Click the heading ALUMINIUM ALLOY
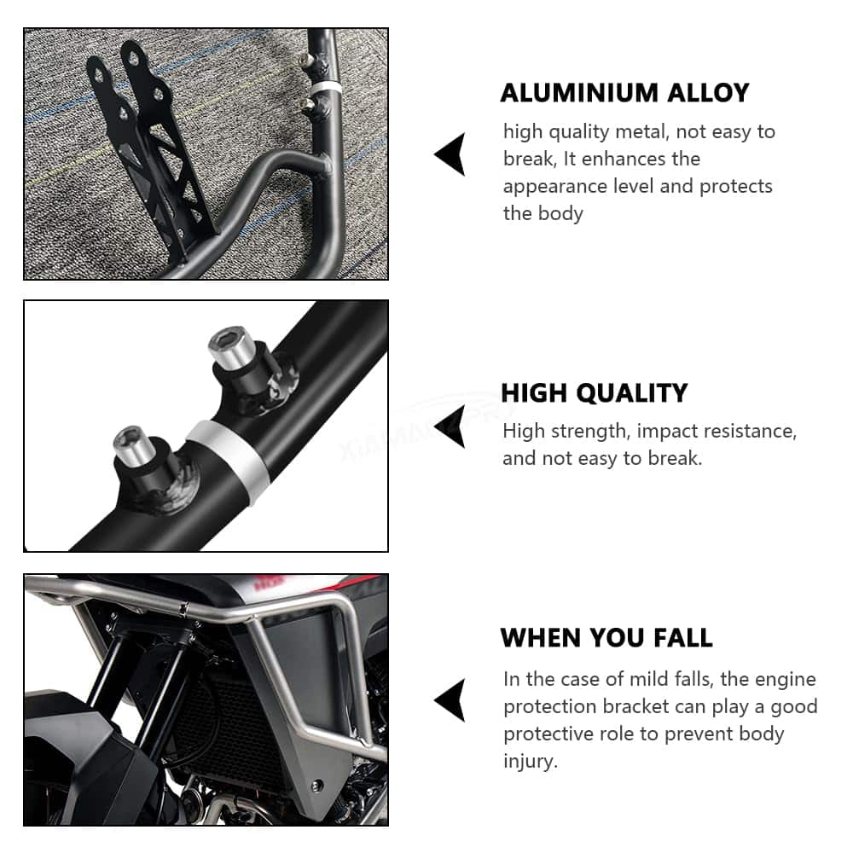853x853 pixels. pos(624,93)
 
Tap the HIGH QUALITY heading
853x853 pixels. pos(594,392)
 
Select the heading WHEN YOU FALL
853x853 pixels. pos(606,637)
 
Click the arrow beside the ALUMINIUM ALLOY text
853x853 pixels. pos(450,154)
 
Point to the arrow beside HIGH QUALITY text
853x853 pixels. pos(450,426)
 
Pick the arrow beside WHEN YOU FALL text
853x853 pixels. pos(450,700)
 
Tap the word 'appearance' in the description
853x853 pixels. pos(555,187)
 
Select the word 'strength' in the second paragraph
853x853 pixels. pos(592,432)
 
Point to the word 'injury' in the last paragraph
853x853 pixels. pos(531,761)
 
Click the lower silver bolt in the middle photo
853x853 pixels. pos(136,444)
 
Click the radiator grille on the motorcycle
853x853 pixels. pos(218,718)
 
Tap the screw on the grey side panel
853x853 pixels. pos(316,786)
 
